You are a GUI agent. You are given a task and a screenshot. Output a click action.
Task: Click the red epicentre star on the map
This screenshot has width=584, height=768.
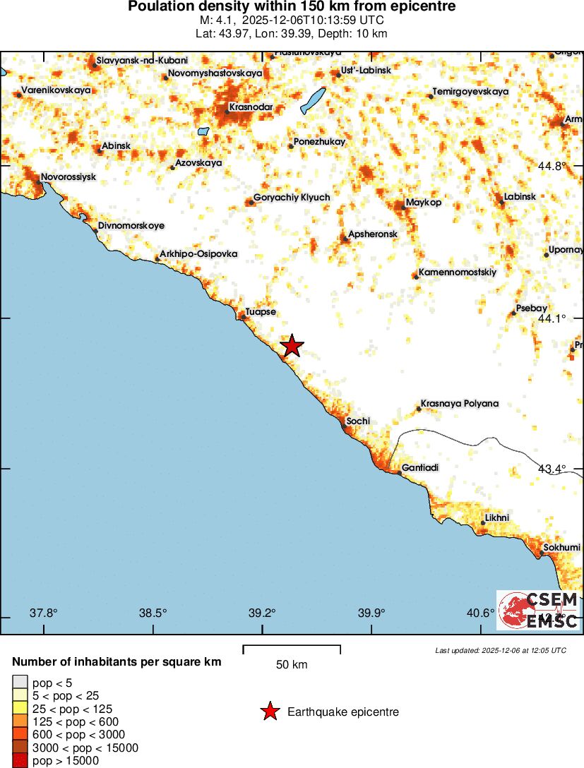pos(292,346)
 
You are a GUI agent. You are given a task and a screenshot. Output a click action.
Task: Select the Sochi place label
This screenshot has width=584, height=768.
pos(359,421)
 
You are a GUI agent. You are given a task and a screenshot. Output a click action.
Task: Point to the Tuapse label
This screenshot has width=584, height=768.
pos(261,312)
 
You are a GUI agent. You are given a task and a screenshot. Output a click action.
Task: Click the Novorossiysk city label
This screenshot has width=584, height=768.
pos(68,176)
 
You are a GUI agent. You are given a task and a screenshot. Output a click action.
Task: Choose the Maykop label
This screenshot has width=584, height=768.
pos(424,203)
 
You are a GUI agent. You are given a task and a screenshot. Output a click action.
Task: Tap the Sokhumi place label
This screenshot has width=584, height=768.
pos(561,547)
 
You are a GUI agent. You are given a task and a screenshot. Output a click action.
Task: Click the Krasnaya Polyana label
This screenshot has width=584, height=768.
pos(459,404)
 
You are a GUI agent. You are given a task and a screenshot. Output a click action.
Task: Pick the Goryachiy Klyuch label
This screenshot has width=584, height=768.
pos(292,198)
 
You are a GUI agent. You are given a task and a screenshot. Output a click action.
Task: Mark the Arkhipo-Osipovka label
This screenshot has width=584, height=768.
pos(198,253)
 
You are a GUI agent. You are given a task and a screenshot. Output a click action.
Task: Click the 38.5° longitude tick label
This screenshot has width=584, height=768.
pos(153,612)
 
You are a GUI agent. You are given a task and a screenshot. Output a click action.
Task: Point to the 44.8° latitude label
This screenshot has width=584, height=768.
pos(552,167)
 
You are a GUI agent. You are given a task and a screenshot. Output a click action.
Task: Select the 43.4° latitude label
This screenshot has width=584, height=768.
pos(552,469)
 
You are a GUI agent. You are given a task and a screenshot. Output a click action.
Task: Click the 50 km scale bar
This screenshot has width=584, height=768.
pos(292,646)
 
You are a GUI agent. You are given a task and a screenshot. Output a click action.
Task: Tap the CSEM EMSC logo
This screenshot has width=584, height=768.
pos(539,610)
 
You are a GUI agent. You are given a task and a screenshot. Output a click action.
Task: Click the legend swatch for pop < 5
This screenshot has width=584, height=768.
pos(20,682)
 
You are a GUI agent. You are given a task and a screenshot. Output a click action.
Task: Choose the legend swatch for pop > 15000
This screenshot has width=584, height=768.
pos(20,760)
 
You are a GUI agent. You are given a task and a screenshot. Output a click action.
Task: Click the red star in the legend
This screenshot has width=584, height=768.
pos(269,712)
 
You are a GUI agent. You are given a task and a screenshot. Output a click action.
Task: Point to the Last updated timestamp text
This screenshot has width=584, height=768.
pos(500,650)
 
